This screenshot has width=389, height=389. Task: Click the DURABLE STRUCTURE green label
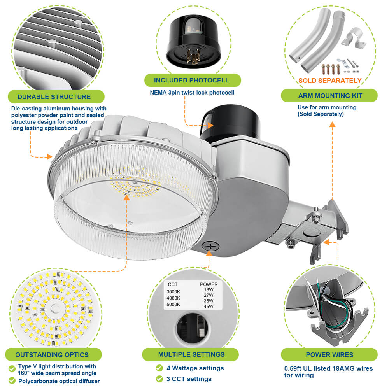[54, 97]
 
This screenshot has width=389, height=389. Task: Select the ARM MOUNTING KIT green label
[330, 96]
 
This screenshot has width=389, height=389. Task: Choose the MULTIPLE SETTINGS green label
[191, 354]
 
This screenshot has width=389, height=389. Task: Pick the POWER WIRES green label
[329, 355]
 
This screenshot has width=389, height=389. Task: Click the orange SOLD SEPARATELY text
[330, 81]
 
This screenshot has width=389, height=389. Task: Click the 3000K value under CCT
[174, 291]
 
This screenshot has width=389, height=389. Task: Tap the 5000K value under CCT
[174, 305]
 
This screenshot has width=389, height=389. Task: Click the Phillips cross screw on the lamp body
[210, 247]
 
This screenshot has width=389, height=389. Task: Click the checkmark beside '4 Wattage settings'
[159, 368]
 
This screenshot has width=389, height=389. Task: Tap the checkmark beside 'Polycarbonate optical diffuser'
[12, 381]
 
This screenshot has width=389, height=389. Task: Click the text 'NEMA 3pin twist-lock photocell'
[192, 93]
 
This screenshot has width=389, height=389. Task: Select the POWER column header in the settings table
[209, 284]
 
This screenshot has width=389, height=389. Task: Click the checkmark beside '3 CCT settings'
[159, 379]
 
